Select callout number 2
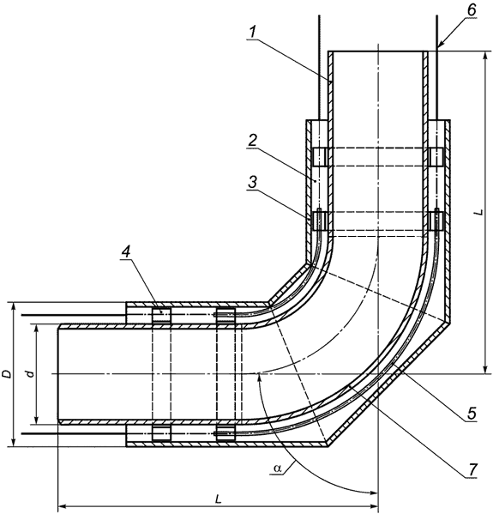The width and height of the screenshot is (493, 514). tap(253, 140)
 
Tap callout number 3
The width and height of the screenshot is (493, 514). tap(252, 183)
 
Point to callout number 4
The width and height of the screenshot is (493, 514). tap(126, 251)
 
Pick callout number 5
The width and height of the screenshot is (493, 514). tap(471, 414)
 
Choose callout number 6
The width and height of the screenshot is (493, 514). tap(471, 10)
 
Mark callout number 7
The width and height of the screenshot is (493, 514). tap(472, 470)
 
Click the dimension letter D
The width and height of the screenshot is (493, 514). tap(7, 374)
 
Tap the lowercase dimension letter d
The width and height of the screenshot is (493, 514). tap(30, 373)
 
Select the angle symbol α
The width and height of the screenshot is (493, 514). tap(278, 469)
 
